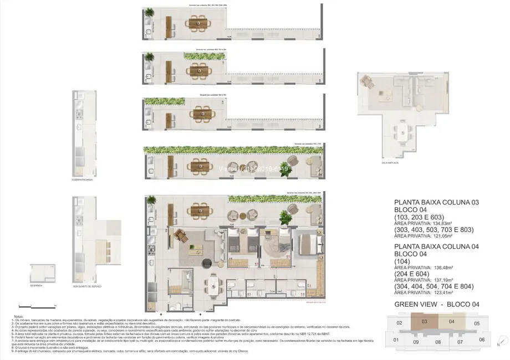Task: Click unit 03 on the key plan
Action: pos(424,321)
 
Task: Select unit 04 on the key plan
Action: pos(451,321)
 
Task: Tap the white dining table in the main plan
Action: pos(213,286)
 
